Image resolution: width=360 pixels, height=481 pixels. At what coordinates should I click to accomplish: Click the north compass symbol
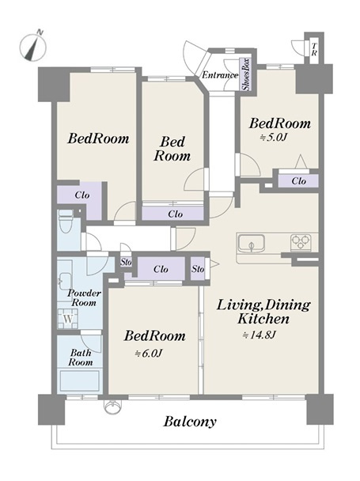(x=33, y=46)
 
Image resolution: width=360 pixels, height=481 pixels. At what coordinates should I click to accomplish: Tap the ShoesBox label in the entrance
(x=246, y=74)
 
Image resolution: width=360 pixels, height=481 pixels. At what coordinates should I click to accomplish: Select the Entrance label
(x=220, y=75)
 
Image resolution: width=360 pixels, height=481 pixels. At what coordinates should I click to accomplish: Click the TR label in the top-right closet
(x=314, y=49)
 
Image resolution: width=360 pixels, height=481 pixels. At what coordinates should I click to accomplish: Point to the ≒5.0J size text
(x=273, y=137)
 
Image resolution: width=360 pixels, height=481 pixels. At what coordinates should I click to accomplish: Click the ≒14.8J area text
(x=260, y=335)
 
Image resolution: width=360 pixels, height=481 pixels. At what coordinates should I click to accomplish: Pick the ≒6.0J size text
(x=148, y=354)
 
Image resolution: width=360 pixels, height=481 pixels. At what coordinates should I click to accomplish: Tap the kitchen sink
(x=251, y=244)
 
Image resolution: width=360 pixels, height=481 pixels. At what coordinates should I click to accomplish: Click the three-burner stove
(x=301, y=243)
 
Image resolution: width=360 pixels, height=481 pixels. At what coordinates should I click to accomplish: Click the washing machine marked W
(x=68, y=319)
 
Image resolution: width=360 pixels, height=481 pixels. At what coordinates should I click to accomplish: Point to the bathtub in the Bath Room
(x=79, y=381)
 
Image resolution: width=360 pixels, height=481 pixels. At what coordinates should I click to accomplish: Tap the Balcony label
(x=190, y=422)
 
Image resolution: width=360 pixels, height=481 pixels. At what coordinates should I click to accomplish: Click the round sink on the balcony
(x=112, y=407)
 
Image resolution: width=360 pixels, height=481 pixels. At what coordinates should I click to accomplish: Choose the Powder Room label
(x=84, y=297)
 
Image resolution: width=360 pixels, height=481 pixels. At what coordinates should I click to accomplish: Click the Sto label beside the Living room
(x=198, y=269)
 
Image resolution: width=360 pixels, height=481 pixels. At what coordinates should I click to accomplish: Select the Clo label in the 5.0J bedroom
(x=298, y=181)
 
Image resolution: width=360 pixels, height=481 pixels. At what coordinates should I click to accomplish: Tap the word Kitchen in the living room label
(x=263, y=319)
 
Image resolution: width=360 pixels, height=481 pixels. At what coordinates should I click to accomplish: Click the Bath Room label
(x=81, y=358)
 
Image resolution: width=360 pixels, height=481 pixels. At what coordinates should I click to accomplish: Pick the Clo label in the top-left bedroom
(x=82, y=195)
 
